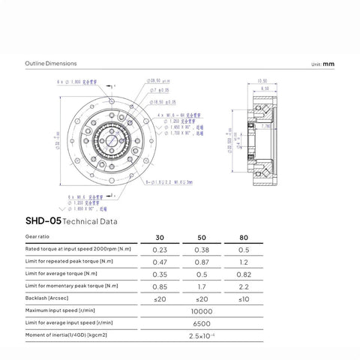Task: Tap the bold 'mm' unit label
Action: [328, 64]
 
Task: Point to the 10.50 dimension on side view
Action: [262, 80]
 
